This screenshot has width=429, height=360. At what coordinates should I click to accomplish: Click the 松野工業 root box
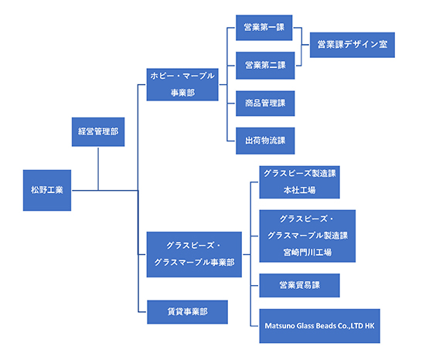(x=47, y=190)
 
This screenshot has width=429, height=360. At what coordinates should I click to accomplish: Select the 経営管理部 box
(x=98, y=132)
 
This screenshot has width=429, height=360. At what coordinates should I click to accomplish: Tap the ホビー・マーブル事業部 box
(x=182, y=84)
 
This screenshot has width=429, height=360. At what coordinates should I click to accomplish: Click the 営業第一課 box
(x=264, y=28)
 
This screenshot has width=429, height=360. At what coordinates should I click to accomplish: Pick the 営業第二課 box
(x=265, y=66)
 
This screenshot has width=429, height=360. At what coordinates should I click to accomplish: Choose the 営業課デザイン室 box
(x=352, y=45)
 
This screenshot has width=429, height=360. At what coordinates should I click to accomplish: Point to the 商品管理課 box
(x=265, y=104)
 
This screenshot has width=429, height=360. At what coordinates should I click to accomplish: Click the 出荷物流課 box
(x=265, y=141)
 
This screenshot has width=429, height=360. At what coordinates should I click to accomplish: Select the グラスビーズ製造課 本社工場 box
(x=300, y=182)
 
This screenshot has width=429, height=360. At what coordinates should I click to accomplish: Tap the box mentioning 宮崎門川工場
(x=308, y=236)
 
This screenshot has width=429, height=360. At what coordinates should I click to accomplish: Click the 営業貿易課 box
(x=300, y=285)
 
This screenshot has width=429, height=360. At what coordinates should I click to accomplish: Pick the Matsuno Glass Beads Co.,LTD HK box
(x=319, y=326)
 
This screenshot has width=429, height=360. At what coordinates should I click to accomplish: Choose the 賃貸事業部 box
(x=187, y=312)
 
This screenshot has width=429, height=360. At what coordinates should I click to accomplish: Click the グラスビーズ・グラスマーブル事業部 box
(x=194, y=254)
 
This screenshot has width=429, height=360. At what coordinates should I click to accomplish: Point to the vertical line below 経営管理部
(x=98, y=169)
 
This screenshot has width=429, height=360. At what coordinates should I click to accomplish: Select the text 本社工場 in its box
(x=300, y=190)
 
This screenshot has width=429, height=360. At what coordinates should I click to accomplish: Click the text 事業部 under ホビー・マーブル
(x=182, y=93)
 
